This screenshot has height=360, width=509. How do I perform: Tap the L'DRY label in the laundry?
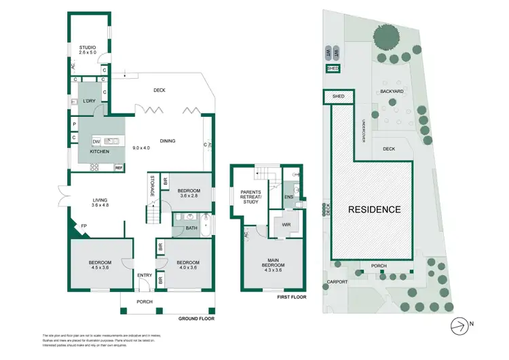coord(89,101)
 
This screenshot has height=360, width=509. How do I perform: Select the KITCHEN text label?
coord(99,151)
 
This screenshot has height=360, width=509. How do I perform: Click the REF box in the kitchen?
coord(118,167)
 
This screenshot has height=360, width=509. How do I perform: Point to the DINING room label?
coord(168,141)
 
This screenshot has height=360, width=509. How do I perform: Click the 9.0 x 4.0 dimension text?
coord(141,148)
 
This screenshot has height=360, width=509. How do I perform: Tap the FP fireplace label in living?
coord(83,226)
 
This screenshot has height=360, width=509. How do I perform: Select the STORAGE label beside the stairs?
coord(151,186)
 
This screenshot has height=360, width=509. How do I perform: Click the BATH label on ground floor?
coord(191,228)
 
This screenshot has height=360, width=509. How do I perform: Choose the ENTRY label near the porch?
coord(145,275)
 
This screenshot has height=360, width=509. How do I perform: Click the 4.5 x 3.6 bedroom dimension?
coord(98,268)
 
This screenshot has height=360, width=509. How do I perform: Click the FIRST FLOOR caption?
coord(293,297)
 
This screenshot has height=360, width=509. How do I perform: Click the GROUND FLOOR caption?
coord(197,318)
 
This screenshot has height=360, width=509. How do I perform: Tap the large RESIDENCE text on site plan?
coord(375,209)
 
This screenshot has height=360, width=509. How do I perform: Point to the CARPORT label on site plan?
coord(337,281)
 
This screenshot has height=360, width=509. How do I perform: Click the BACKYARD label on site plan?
coord(392,90)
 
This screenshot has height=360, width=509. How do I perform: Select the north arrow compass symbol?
coord(461,324)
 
